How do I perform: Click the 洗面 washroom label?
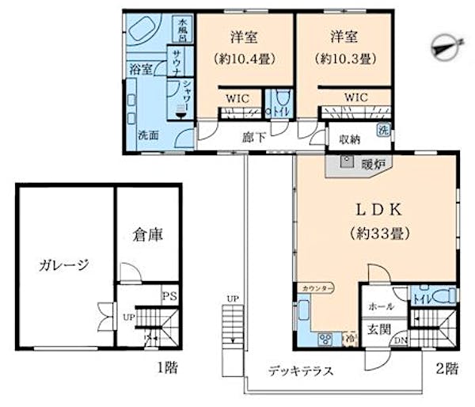[147, 135]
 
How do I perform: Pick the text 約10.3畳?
[344, 59]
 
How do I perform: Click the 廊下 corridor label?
[253, 135]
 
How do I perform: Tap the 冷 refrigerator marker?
[350, 340]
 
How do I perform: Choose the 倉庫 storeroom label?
[147, 235]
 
